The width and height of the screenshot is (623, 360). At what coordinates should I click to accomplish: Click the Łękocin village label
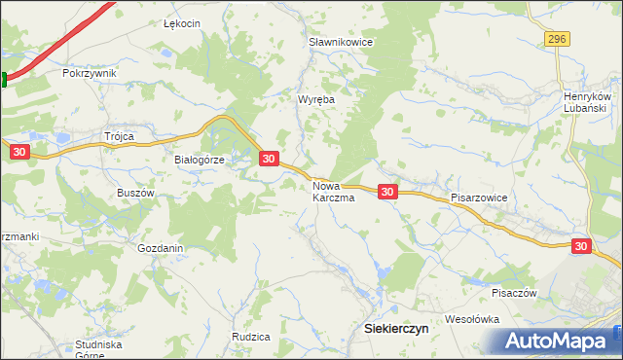(181, 24)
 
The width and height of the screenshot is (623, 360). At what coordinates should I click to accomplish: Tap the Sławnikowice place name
(342, 43)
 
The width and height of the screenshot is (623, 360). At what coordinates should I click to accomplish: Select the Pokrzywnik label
(89, 73)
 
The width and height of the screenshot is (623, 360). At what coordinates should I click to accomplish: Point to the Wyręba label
(314, 99)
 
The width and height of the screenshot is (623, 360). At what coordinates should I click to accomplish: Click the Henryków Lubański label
(586, 102)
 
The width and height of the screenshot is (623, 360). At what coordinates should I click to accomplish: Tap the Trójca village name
(118, 136)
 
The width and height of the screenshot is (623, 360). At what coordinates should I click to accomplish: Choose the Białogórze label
(199, 161)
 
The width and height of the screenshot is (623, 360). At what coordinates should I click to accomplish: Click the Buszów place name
(136, 193)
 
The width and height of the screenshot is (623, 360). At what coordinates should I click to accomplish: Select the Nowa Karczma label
(333, 191)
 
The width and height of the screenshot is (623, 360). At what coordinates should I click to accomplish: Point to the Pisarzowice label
(479, 197)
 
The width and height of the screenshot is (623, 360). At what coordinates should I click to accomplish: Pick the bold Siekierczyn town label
(396, 329)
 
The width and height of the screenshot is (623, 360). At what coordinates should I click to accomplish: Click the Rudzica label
(250, 337)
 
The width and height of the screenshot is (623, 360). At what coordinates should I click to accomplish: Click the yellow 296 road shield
(556, 38)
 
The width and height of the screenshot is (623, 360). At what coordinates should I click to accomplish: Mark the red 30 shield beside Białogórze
(270, 158)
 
